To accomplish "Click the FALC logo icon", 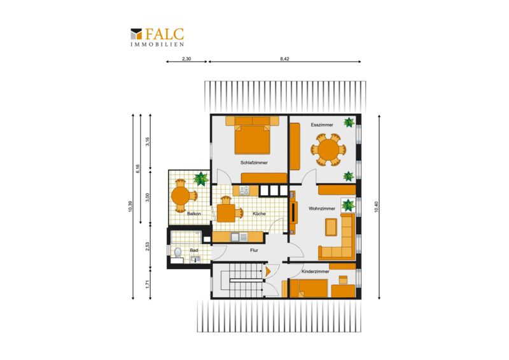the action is pyautogui.click(x=136, y=34).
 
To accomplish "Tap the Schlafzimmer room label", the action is pyautogui.click(x=254, y=163).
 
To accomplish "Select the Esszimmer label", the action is pyautogui.click(x=322, y=125).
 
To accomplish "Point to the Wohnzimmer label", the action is pyautogui.click(x=322, y=209).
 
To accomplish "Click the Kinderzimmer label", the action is pyautogui.click(x=316, y=272).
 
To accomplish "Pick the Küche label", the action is pyautogui.click(x=259, y=214).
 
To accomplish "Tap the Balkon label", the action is pyautogui.click(x=194, y=214).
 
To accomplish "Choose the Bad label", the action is pyautogui.click(x=194, y=251).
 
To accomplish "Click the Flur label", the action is pyautogui.click(x=254, y=250).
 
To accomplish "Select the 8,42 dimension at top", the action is pyautogui.click(x=284, y=59).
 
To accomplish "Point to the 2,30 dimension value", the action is pyautogui.click(x=186, y=59).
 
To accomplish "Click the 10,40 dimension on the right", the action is pyautogui.click(x=377, y=207).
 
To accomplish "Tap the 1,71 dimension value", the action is pyautogui.click(x=147, y=284).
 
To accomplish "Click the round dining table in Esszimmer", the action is pyautogui.click(x=328, y=150).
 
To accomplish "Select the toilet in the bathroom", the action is pyautogui.click(x=178, y=253).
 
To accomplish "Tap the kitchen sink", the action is pyautogui.click(x=239, y=237).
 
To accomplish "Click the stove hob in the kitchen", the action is pyautogui.click(x=244, y=191).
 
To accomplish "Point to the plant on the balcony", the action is pyautogui.click(x=201, y=179).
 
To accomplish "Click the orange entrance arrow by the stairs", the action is pyautogui.click(x=268, y=272).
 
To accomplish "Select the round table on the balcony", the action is pyautogui.click(x=181, y=195).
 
